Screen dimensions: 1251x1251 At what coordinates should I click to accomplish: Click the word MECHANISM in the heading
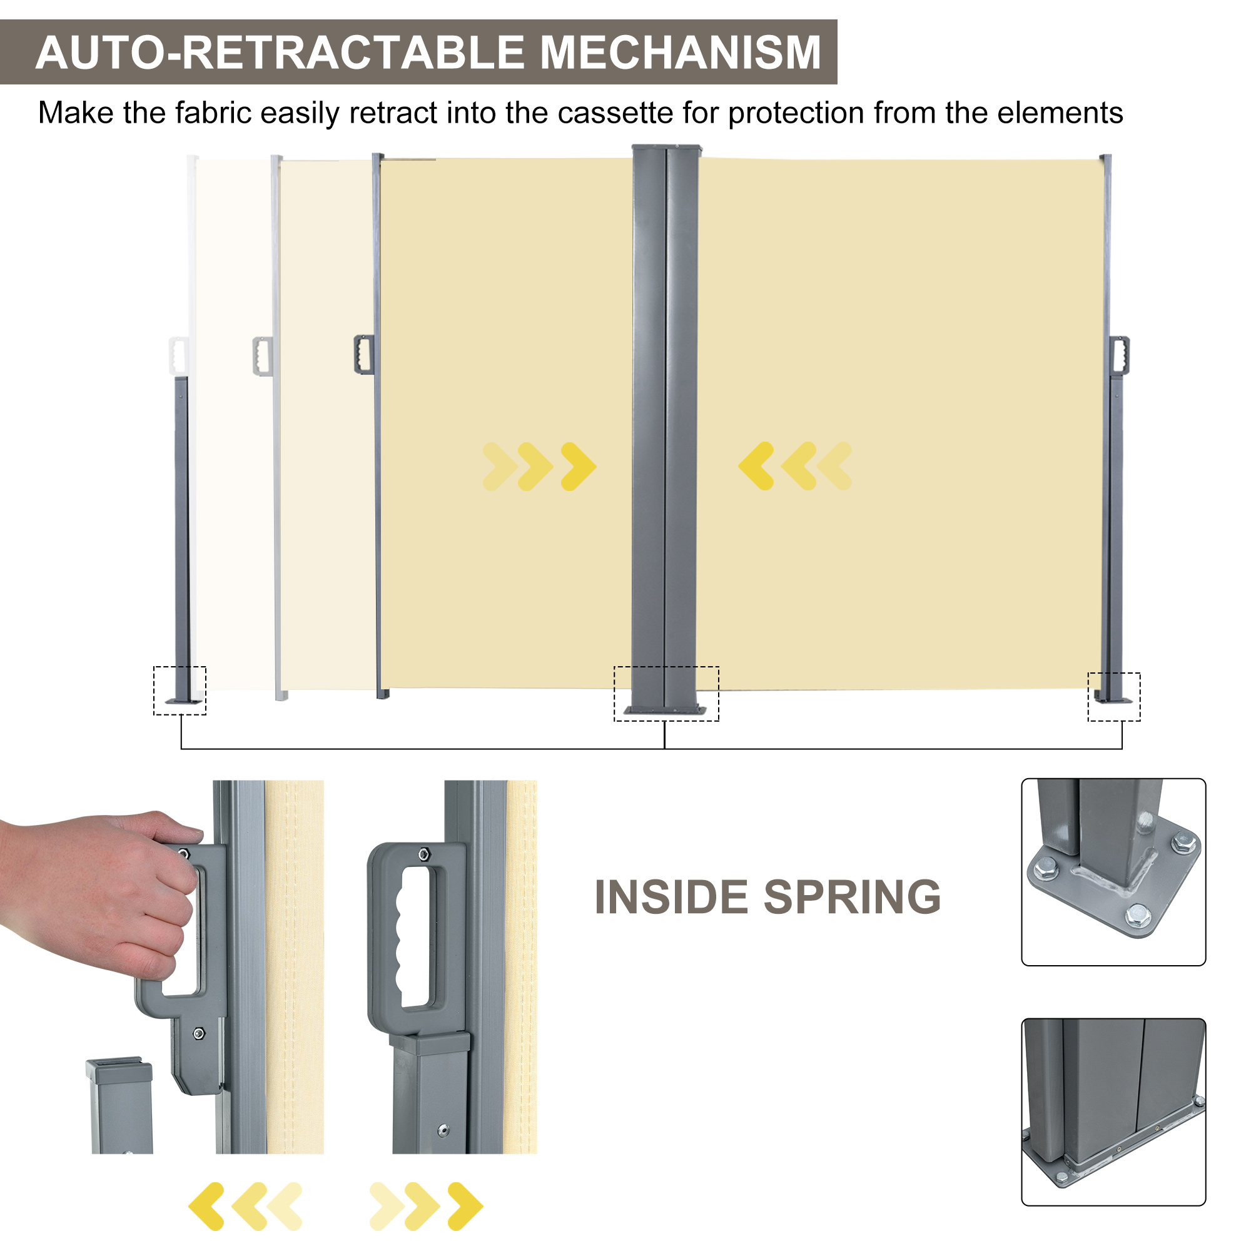(680, 53)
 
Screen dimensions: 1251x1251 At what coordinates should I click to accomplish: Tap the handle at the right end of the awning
(1119, 355)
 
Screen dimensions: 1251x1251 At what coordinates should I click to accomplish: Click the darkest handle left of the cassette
(364, 354)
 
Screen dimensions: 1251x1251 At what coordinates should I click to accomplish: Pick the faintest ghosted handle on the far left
(178, 355)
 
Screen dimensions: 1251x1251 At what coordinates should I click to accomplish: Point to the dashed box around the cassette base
(666, 694)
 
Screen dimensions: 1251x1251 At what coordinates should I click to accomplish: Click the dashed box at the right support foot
(1114, 697)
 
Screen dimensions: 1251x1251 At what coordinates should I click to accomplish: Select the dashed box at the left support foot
(180, 691)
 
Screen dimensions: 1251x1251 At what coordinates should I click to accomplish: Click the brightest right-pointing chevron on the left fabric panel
(578, 466)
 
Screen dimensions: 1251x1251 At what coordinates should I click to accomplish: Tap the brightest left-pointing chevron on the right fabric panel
(756, 465)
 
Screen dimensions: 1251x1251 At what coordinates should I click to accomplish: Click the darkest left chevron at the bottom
(207, 1207)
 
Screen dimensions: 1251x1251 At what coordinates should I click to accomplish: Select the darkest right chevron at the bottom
(465, 1207)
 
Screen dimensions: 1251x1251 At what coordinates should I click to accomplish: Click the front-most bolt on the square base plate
(1137, 914)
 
